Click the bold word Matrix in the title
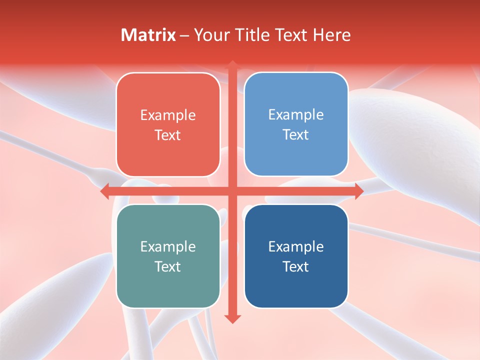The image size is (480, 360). coord(148,35)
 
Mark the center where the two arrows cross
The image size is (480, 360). coord(232,191)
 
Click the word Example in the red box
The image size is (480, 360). coord(168,115)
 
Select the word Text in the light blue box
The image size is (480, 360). coord(296,135)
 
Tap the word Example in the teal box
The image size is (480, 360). coord(168,246)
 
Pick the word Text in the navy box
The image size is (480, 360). coord(296,266)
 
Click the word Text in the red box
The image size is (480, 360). coord(168,135)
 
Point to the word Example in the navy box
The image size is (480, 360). coord(296,246)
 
